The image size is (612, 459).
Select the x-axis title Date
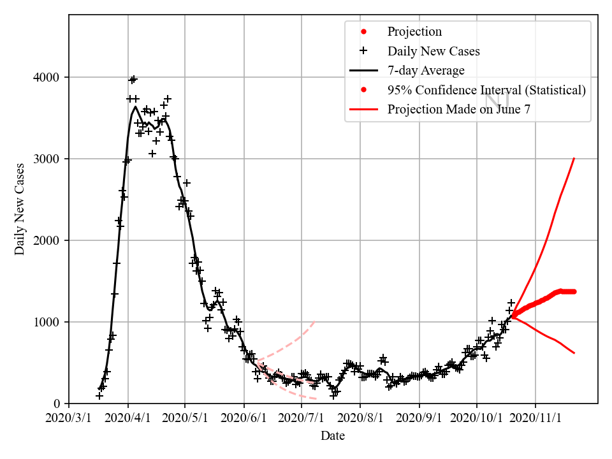(x=333, y=436)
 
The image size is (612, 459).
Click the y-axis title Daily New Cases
(x=20, y=209)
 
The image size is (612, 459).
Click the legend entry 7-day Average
(x=426, y=71)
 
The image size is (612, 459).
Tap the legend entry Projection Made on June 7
(x=459, y=109)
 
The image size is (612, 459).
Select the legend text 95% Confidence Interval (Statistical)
(x=486, y=90)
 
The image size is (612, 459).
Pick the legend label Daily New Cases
(x=433, y=51)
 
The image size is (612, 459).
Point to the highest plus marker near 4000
(x=133, y=79)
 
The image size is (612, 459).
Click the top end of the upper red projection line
(x=574, y=158)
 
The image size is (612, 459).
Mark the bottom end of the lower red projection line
(x=574, y=353)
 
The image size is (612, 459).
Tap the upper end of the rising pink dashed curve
(x=315, y=321)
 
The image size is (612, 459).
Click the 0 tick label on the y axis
(x=60, y=404)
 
